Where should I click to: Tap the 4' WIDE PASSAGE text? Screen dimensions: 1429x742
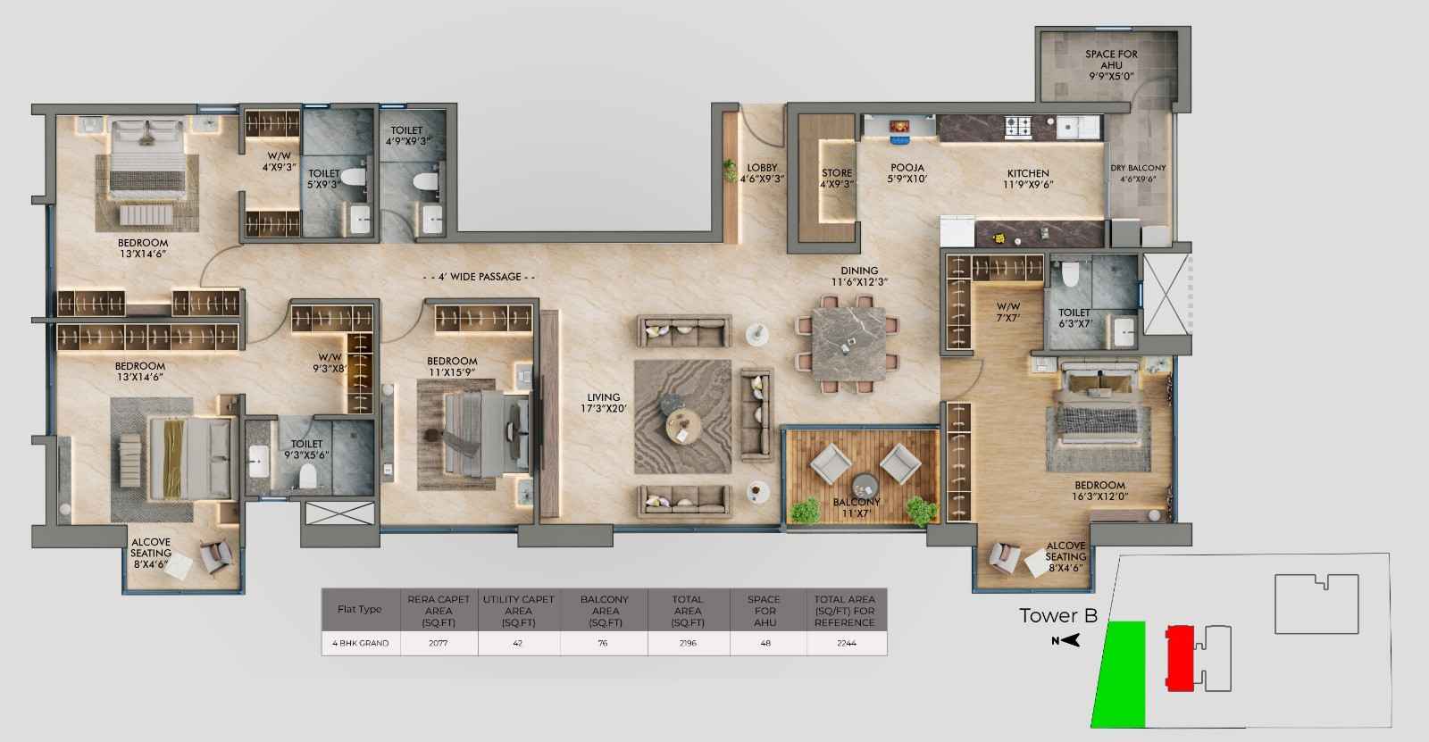479,277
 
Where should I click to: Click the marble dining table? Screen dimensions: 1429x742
848,345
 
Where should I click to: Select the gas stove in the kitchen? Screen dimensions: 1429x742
1018,127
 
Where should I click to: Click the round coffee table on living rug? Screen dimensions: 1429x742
683,426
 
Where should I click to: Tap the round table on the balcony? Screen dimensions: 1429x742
865,486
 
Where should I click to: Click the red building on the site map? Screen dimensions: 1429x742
1180,658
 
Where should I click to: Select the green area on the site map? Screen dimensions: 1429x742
1120,674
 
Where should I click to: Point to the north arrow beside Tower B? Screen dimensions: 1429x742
1066,640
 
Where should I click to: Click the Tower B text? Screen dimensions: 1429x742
1058,616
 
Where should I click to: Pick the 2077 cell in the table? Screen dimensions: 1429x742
439,643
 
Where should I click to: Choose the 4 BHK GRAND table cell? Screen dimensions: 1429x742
361,643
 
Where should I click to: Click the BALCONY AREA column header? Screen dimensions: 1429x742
604,611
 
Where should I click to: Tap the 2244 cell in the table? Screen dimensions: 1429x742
847,643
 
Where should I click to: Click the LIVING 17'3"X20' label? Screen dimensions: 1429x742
604,403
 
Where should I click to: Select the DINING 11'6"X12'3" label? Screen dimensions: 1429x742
859,276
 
